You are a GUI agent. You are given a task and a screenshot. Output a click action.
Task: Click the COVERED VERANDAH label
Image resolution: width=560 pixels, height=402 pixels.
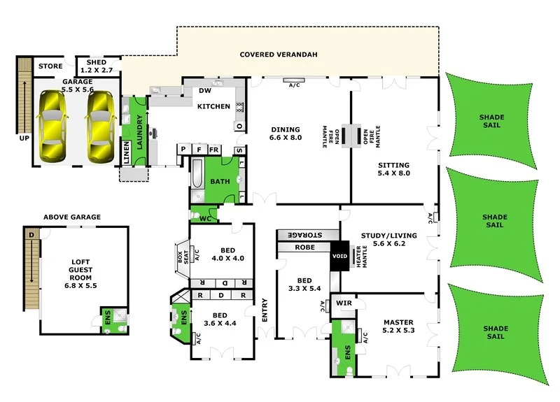click(x=269, y=55)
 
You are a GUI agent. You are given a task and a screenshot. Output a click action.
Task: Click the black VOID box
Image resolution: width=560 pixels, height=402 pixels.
click(x=340, y=256)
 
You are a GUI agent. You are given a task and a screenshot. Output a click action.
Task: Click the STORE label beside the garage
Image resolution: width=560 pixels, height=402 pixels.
click(x=50, y=66)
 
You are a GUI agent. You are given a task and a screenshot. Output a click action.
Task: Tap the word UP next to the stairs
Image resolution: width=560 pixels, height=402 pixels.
click(x=24, y=138)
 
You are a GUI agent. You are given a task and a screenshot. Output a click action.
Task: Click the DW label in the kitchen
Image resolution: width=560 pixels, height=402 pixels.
click(x=205, y=91)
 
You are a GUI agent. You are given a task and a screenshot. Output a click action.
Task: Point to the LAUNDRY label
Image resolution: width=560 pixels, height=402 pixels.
click(x=139, y=131)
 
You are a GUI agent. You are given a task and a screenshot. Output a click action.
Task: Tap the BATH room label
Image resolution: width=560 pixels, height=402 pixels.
click(x=220, y=182)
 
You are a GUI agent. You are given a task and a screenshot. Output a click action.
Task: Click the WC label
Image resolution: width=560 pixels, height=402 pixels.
click(x=204, y=219)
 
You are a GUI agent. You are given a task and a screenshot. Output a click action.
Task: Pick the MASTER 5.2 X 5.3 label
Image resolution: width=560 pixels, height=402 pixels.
click(x=399, y=326)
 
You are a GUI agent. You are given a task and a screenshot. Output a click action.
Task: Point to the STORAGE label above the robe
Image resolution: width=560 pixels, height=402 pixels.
click(x=308, y=234)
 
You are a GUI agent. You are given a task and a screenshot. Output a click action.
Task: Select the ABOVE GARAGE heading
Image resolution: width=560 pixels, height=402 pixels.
click(x=72, y=217)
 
